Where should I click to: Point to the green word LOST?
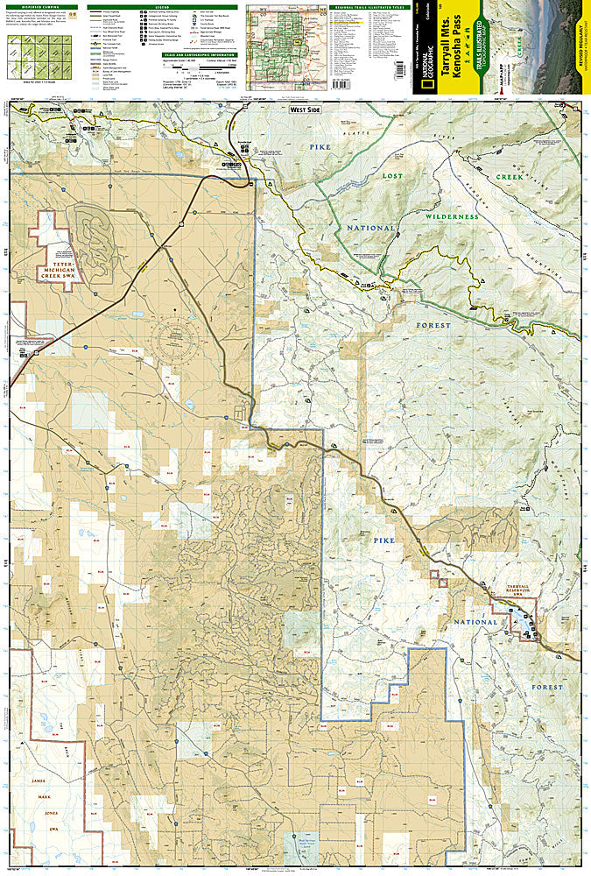pyautogui.click(x=391, y=175)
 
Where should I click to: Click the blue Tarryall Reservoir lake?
pyautogui.click(x=528, y=619)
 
